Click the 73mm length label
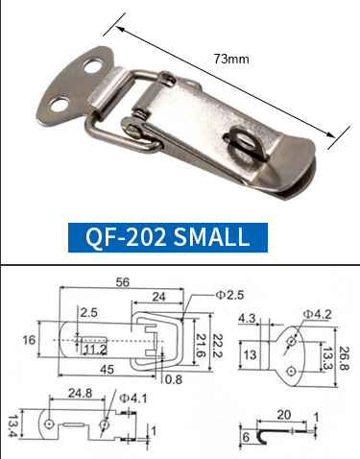pyautogui.click(x=231, y=59)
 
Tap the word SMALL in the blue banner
pyautogui.click(x=211, y=236)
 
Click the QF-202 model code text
pyautogui.click(x=126, y=236)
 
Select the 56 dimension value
pyautogui.click(x=123, y=282)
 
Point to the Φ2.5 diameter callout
pyautogui.click(x=229, y=295)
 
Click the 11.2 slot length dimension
pyautogui.click(x=94, y=350)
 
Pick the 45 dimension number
pyautogui.click(x=108, y=370)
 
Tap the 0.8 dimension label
pyautogui.click(x=174, y=379)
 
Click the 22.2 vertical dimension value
pyautogui.click(x=218, y=345)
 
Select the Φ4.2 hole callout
pyautogui.click(x=317, y=314)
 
